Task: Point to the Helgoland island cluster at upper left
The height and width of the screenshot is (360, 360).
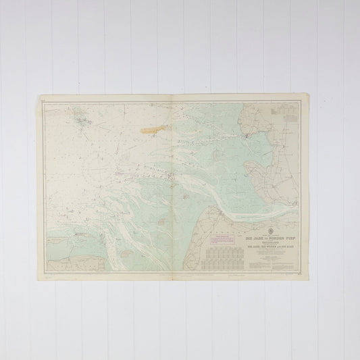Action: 82,122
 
